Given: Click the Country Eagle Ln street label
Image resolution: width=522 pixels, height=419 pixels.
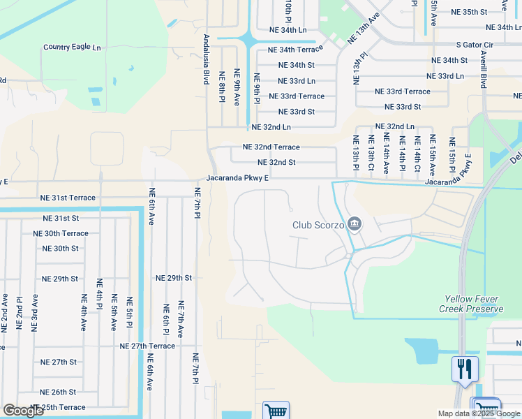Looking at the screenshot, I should tap(72, 47).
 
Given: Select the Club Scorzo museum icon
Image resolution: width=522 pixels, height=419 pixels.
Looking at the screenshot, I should tap(354, 224).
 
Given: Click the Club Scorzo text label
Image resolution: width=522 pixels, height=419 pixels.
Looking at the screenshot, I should tap(318, 225).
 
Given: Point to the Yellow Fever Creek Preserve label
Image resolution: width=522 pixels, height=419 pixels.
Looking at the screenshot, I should tap(471, 304).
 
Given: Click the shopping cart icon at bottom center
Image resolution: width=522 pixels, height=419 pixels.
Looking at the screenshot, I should tap(276, 411).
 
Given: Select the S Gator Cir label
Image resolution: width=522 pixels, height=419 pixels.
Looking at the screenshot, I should tap(475, 45).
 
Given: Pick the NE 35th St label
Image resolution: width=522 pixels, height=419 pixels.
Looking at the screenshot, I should tap(470, 12).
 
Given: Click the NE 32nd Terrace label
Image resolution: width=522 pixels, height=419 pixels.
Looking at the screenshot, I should tap(271, 147).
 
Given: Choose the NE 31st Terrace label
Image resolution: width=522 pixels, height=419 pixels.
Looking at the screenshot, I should tap(68, 198).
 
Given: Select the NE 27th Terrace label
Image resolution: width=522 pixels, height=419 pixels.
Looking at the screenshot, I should tap(147, 346).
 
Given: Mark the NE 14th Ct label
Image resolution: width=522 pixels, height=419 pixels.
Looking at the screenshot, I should tap(417, 154).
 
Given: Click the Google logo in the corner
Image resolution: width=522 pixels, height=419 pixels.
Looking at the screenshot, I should tap(23, 411).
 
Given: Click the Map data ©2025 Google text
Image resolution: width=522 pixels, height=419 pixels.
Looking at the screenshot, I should tap(479, 413).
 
